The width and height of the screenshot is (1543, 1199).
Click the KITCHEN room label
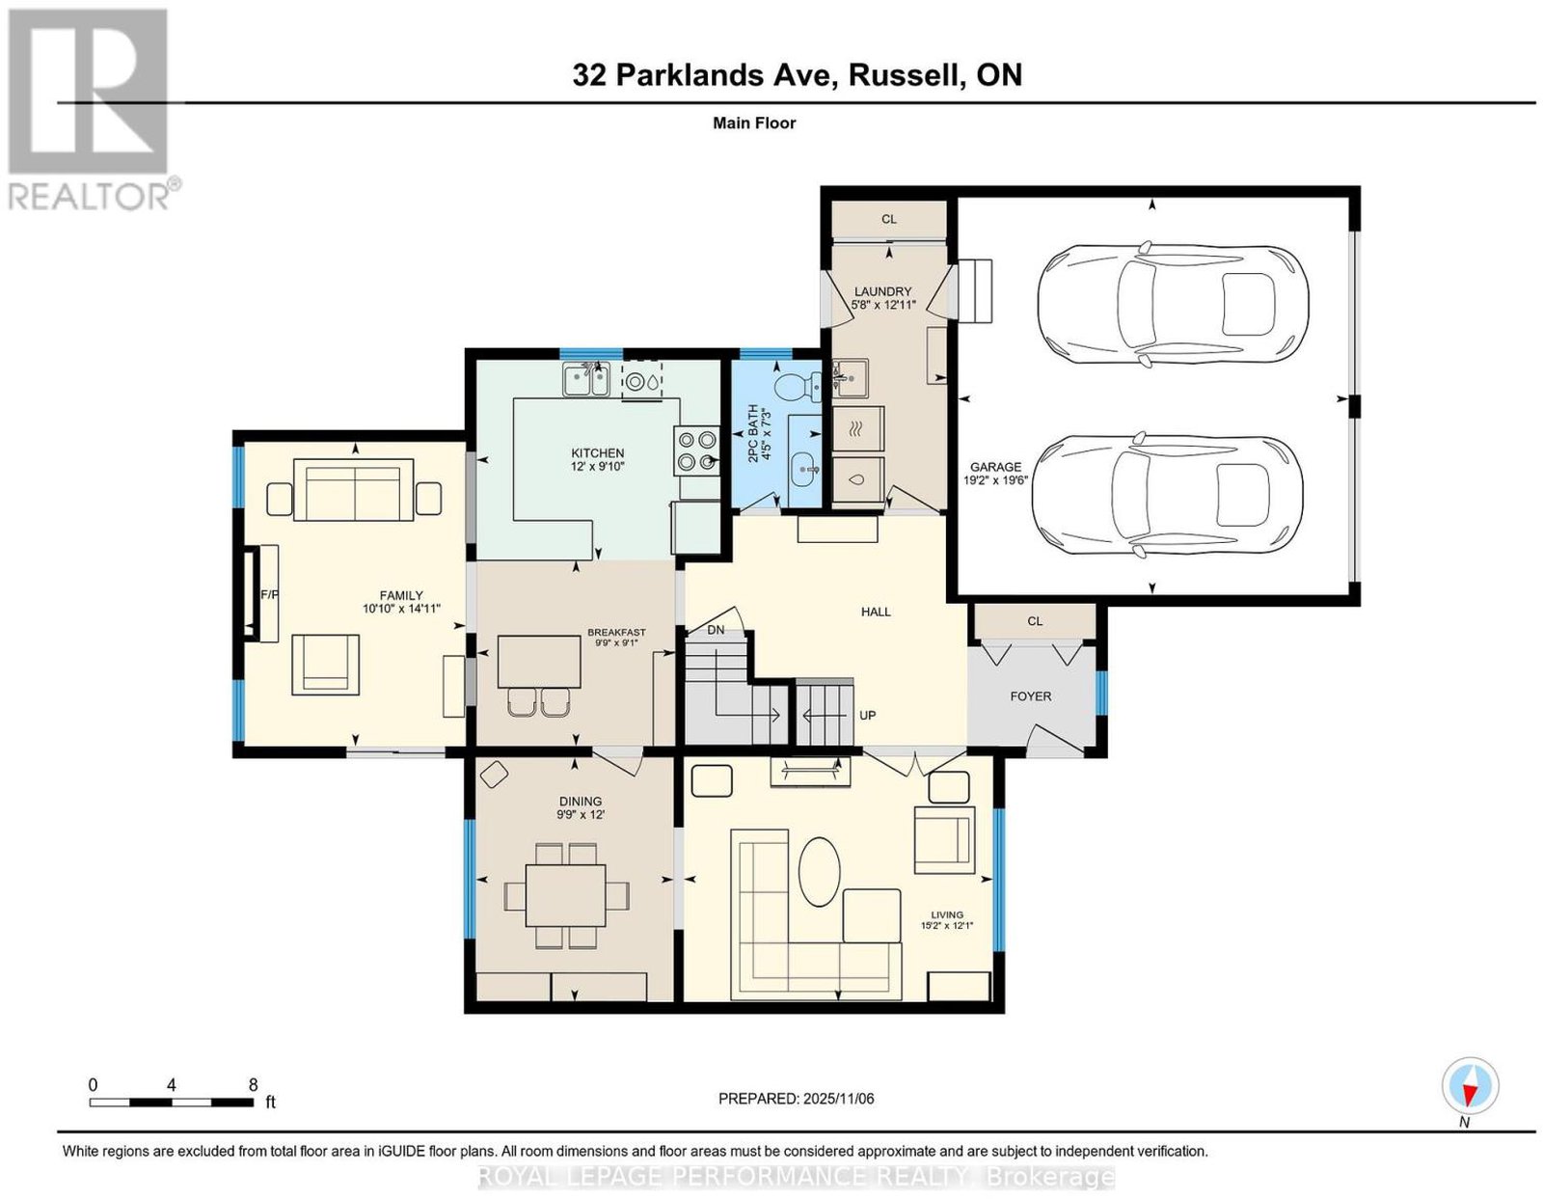pos(597,453)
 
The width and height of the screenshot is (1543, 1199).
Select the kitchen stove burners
pos(696,451)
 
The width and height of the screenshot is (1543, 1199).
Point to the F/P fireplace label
pos(269,595)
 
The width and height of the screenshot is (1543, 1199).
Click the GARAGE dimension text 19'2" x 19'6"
pos(995,479)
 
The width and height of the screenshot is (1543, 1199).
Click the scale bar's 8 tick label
pos(253,1085)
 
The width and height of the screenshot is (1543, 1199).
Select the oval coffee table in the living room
pos(820,881)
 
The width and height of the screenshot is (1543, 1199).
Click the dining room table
pos(565,895)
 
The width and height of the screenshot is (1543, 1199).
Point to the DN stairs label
pos(715,630)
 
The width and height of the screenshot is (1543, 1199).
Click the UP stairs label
pos(867,715)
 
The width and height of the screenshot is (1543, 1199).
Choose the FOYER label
pos(1030,696)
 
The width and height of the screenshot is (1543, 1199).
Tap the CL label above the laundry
pos(889,219)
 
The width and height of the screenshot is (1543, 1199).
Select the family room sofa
pos(354,490)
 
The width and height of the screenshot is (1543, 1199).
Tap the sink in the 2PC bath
pos(804,469)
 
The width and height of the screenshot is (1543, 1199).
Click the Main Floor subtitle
pos(754,123)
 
